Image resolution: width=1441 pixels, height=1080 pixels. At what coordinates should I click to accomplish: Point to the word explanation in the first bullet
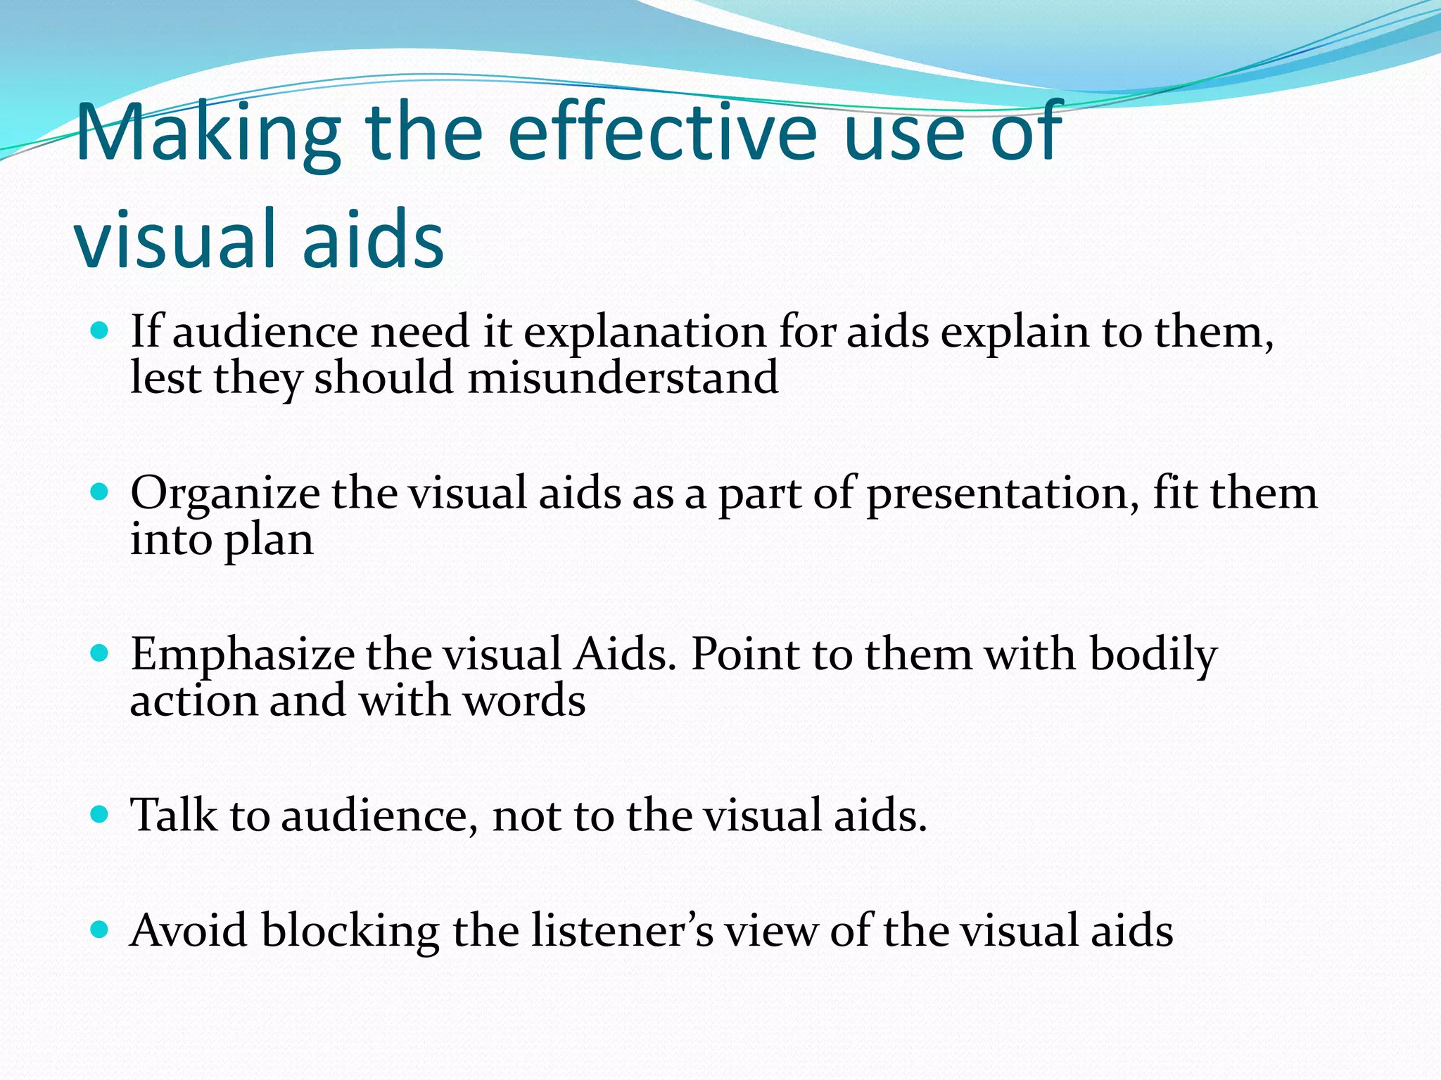(x=645, y=333)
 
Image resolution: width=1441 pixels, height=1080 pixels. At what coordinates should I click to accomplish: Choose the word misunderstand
(x=623, y=378)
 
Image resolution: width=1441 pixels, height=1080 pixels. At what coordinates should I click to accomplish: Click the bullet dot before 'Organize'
(x=100, y=491)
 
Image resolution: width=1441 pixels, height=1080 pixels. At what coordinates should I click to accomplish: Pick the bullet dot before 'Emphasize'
(x=100, y=653)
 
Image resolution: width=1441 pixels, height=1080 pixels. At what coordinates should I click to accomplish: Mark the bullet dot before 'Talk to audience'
(x=100, y=814)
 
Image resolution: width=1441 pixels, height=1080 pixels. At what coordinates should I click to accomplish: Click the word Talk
(x=174, y=816)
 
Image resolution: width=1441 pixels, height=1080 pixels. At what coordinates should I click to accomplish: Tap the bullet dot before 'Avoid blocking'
(x=100, y=930)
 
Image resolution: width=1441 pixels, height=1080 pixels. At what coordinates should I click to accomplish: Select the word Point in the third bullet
(x=745, y=655)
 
